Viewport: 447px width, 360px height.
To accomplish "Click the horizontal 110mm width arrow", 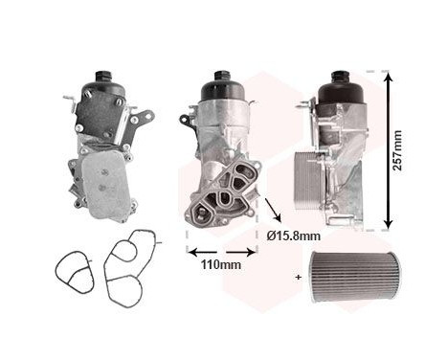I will [221, 253].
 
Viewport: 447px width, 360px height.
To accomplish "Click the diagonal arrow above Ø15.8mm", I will [273, 208].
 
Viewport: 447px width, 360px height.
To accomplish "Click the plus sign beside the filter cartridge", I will [298, 276].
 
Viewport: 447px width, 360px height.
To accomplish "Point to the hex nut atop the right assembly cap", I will [339, 74].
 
